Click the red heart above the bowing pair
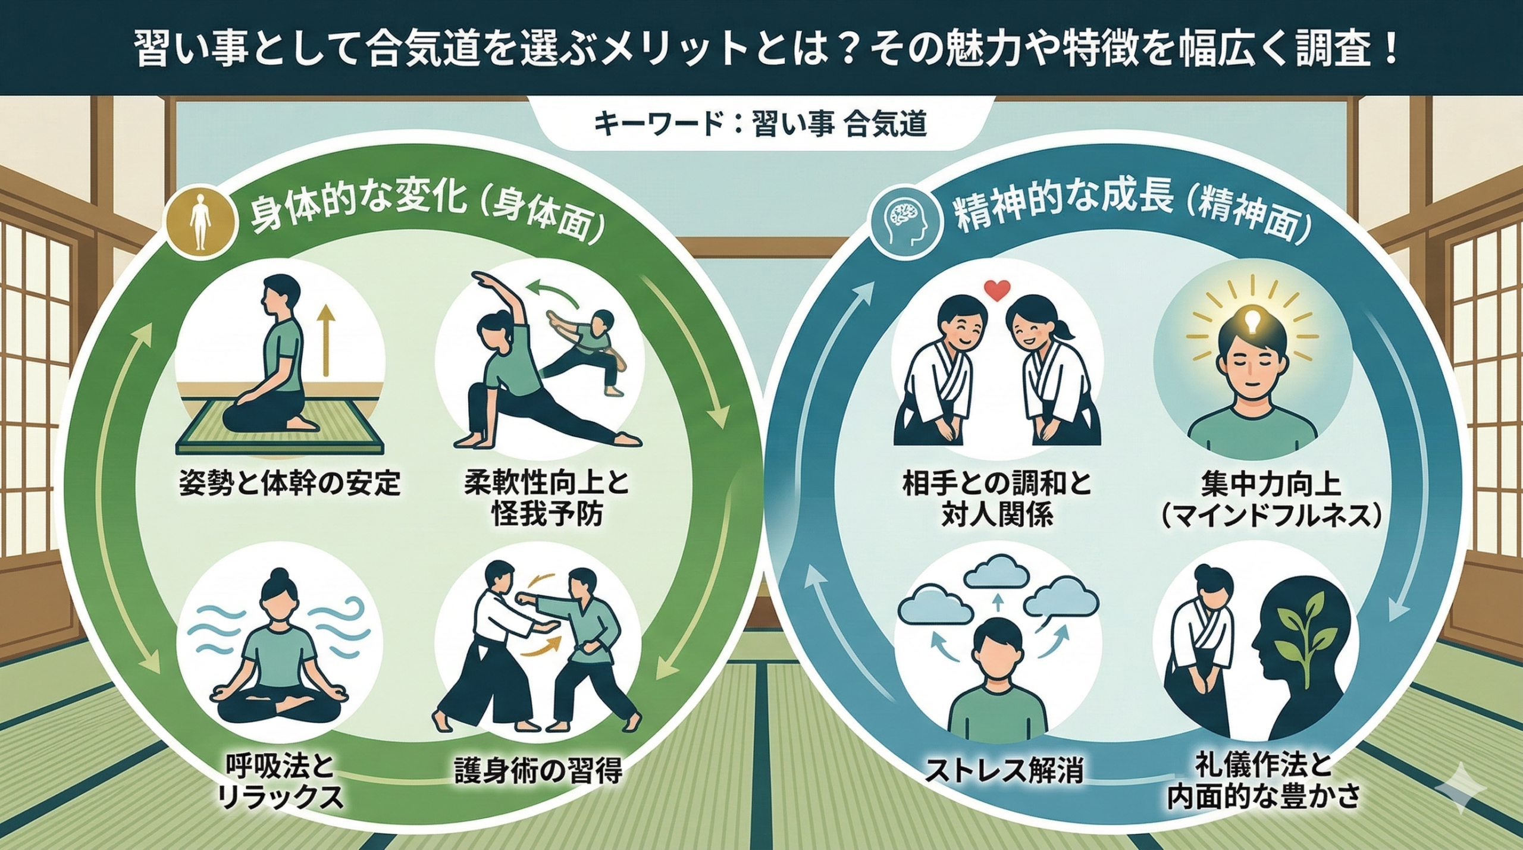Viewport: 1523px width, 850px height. tap(997, 290)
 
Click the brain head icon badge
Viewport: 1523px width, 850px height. tap(905, 228)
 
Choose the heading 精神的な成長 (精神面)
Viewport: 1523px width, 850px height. tap(1133, 215)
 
